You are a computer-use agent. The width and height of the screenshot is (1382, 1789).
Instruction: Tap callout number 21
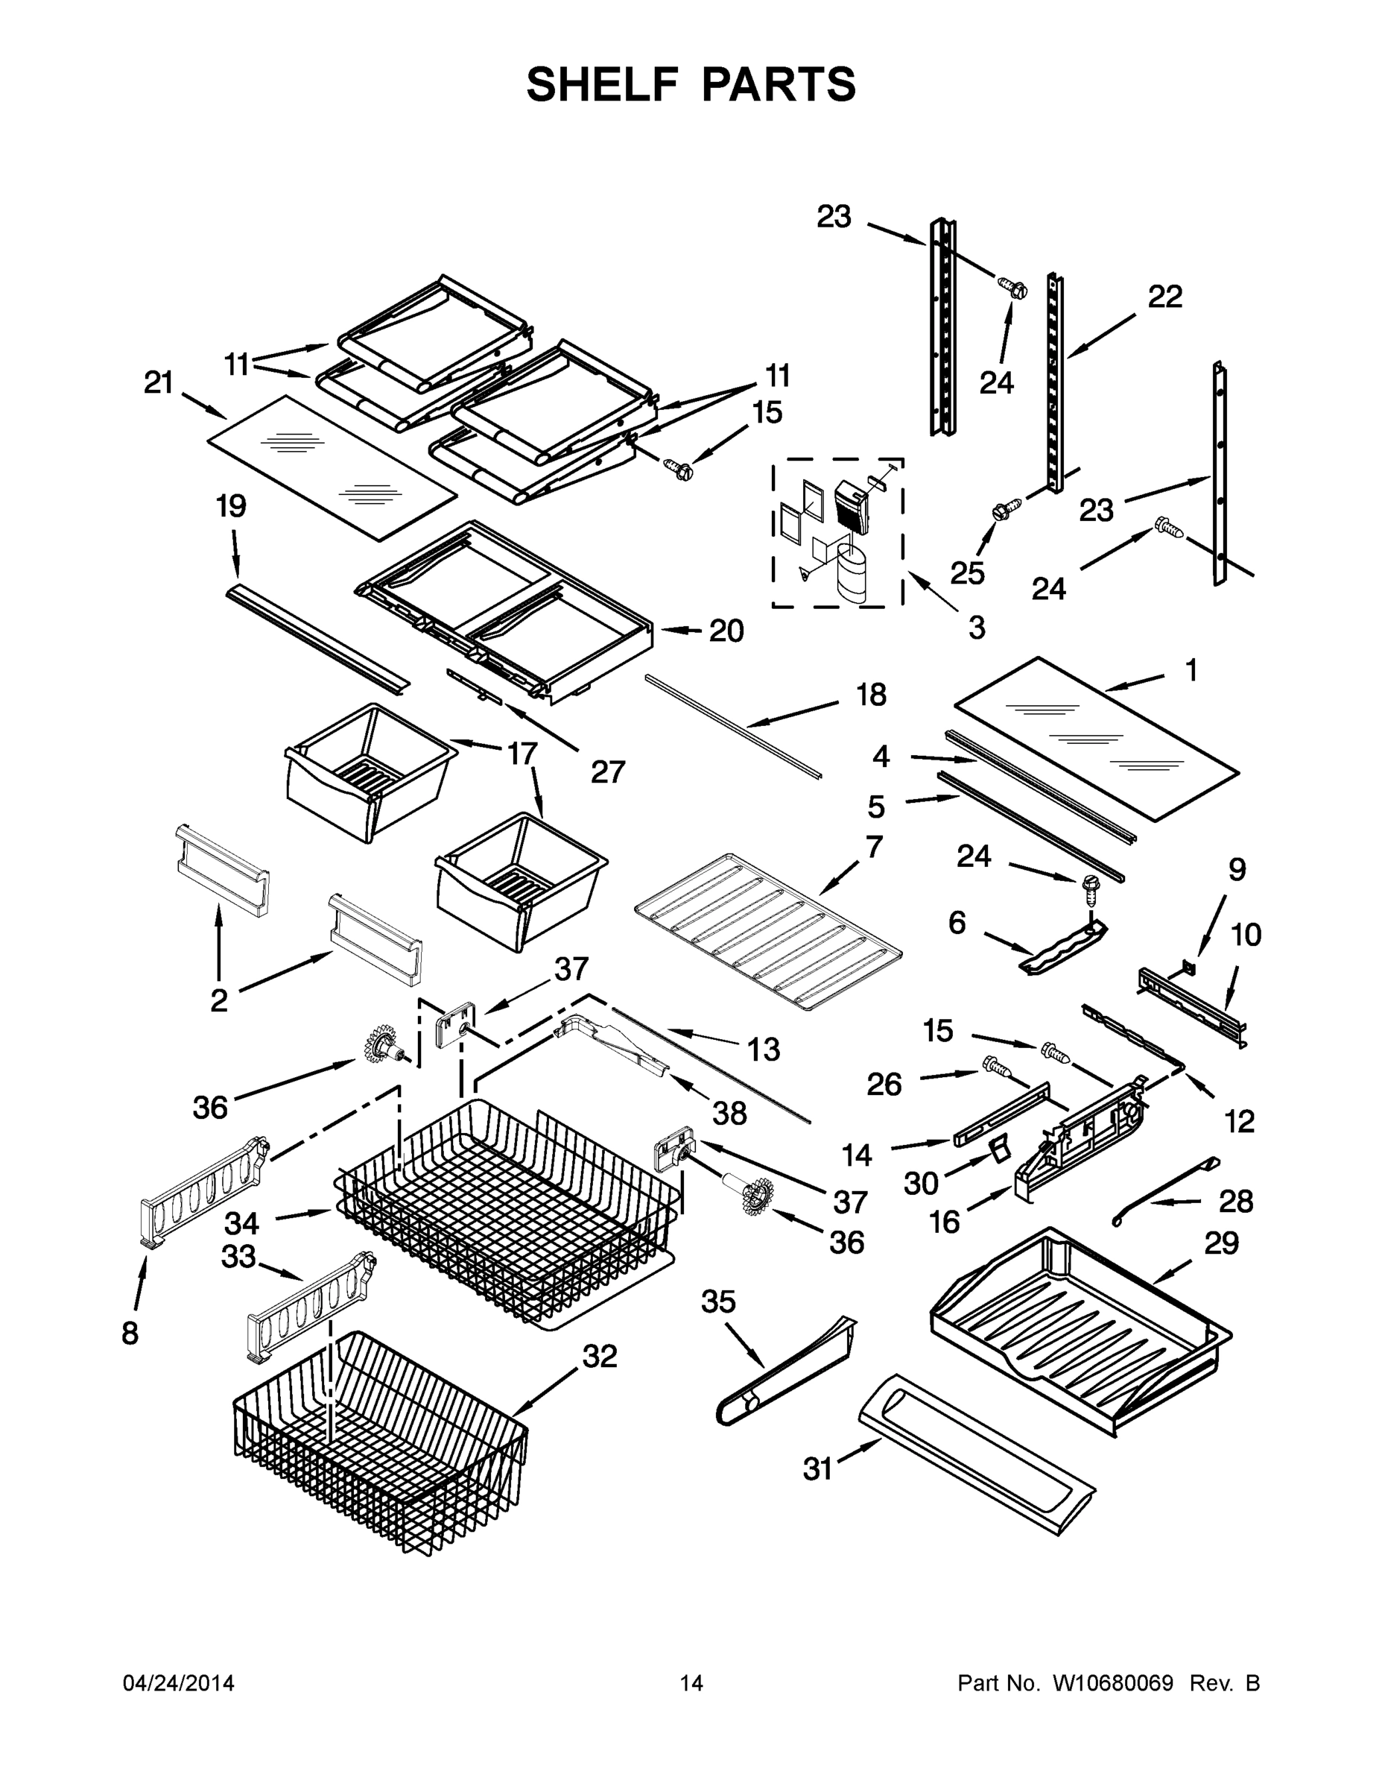point(159,382)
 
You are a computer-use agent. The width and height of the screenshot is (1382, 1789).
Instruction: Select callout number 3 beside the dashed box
point(976,628)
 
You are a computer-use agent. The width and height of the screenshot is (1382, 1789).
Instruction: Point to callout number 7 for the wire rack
point(874,846)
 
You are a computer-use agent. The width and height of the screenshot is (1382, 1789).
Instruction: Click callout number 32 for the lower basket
point(599,1357)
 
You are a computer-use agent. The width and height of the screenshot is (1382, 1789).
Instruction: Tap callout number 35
point(719,1301)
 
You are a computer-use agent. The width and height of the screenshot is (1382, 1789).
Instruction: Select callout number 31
point(817,1468)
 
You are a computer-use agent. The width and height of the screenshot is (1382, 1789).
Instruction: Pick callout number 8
point(130,1334)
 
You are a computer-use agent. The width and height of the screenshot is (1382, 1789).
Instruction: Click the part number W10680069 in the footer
point(1112,1683)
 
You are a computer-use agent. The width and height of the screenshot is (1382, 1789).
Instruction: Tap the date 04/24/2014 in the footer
point(179,1683)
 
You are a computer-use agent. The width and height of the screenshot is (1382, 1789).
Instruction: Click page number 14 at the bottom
point(691,1683)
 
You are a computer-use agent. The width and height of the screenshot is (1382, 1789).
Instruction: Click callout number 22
point(1165,297)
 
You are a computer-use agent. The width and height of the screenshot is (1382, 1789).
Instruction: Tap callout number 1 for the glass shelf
point(1191,670)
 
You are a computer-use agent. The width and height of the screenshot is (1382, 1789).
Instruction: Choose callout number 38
point(729,1112)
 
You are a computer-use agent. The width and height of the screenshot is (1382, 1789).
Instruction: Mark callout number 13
point(763,1050)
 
